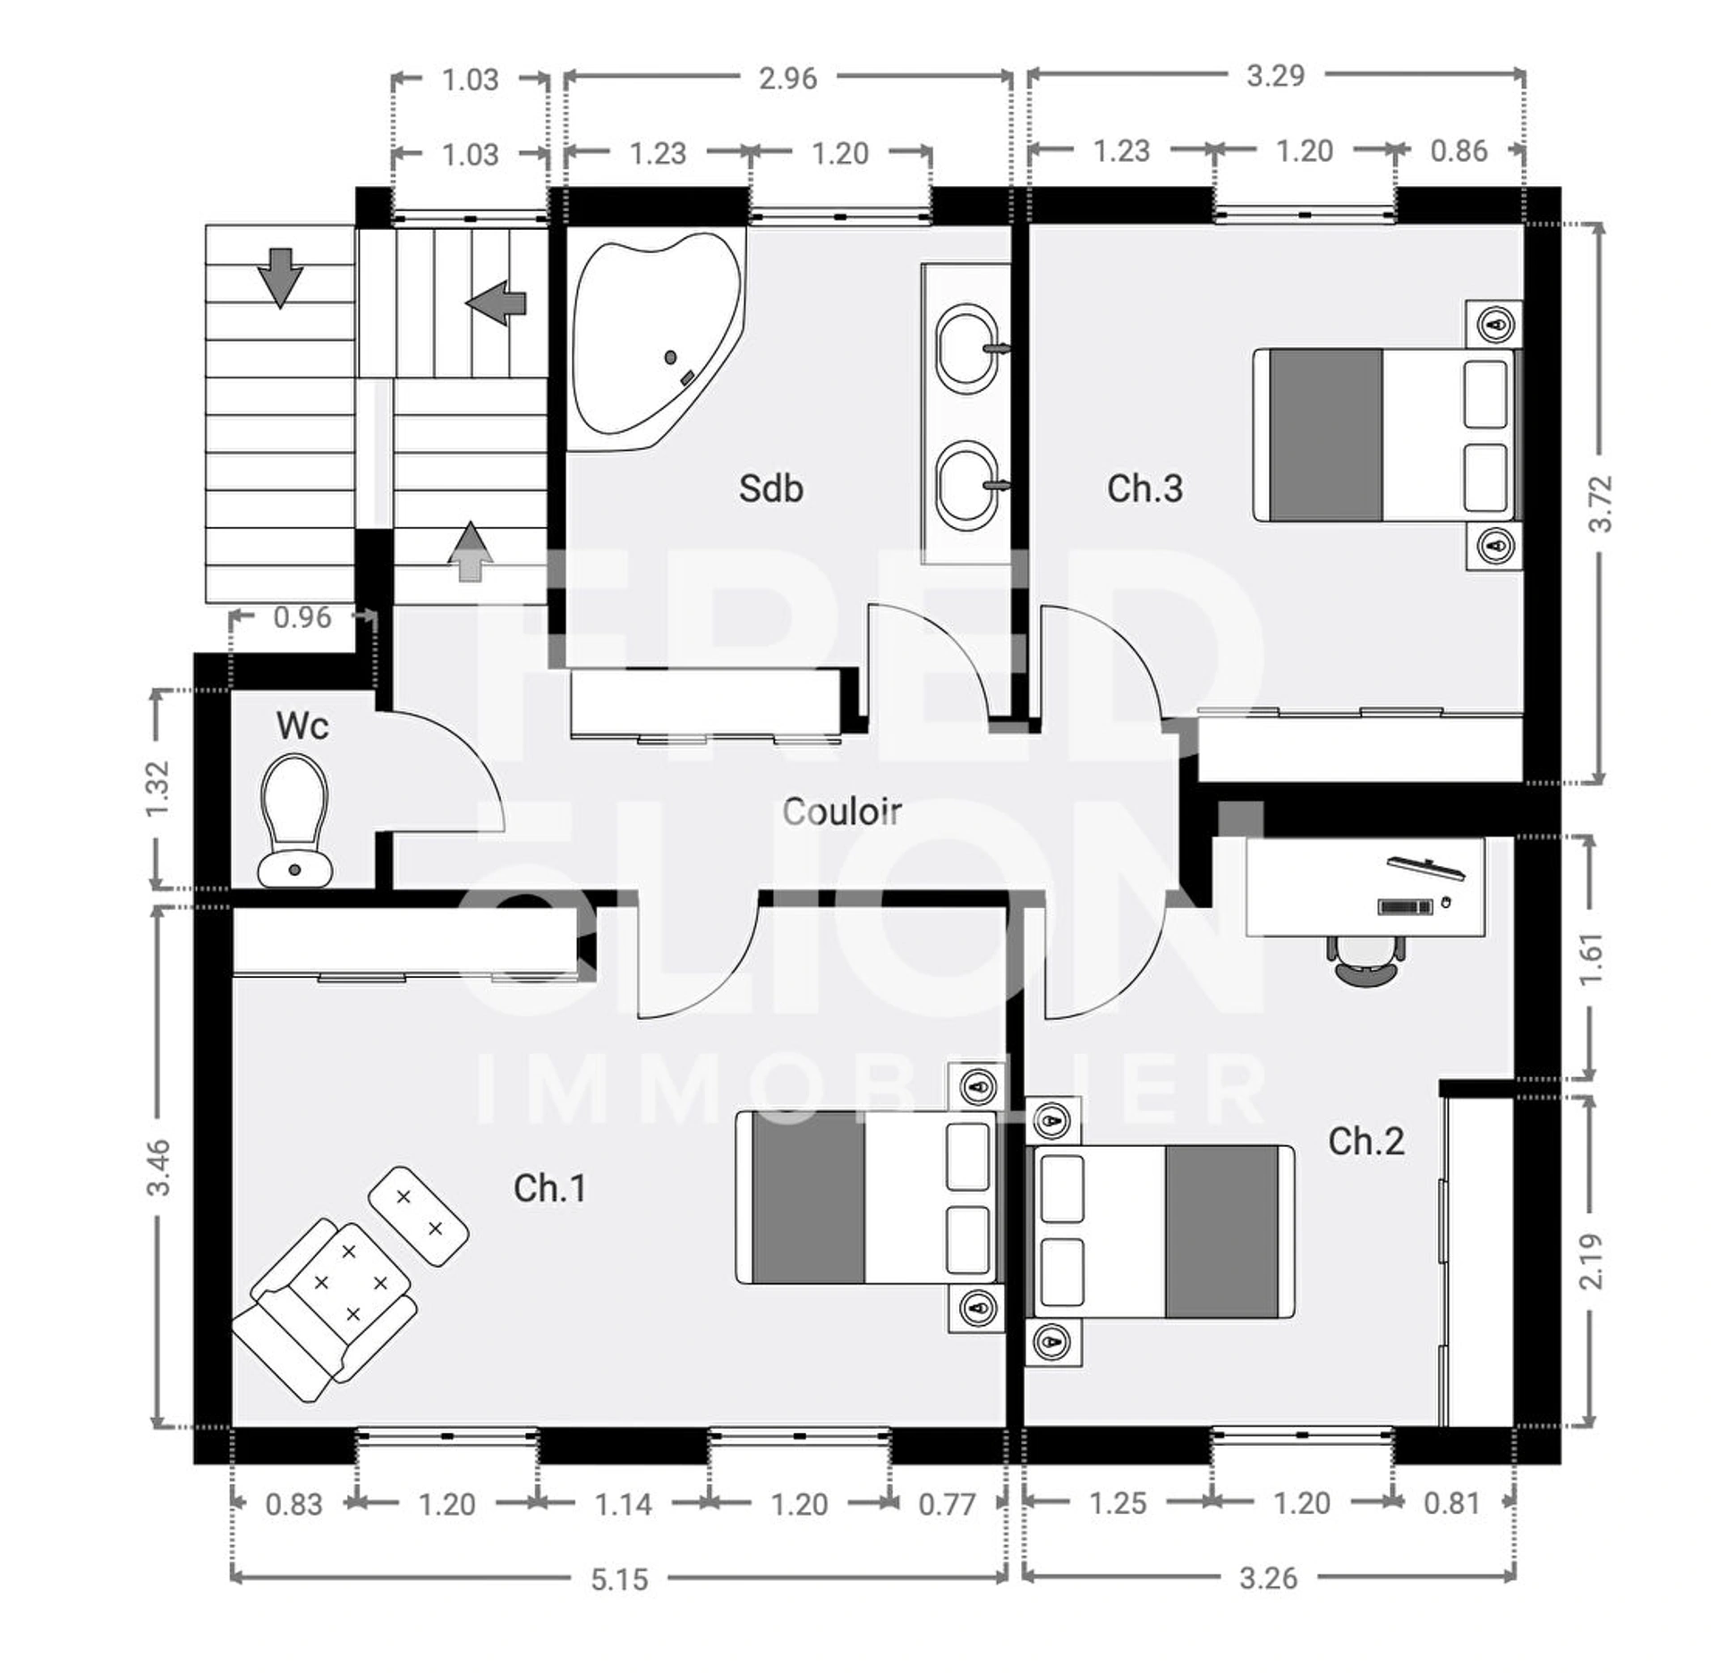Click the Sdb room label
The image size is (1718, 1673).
(770, 488)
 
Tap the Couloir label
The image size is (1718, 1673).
(842, 811)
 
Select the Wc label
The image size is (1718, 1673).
(302, 726)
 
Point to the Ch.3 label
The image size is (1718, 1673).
(1144, 488)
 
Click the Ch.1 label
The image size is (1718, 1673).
(550, 1188)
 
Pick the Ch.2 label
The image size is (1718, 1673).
(1366, 1142)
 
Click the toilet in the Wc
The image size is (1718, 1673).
(294, 820)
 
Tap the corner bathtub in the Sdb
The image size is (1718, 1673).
(657, 340)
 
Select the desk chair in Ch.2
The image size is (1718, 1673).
(1365, 960)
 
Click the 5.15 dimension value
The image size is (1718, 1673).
(619, 1580)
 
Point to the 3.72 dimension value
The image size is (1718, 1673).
(1601, 503)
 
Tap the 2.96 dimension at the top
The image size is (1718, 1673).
(787, 79)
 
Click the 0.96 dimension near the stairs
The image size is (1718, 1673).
(302, 617)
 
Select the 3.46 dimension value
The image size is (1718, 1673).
(158, 1167)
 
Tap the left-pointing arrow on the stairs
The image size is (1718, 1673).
(496, 302)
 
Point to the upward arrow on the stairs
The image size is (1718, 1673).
(471, 551)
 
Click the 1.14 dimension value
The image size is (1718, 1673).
(624, 1505)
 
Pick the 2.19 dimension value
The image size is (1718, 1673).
(1592, 1261)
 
